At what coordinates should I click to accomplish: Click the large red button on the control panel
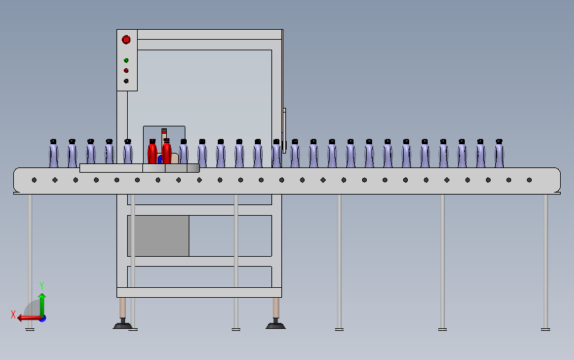pyautogui.click(x=126, y=40)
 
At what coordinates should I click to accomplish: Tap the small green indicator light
pyautogui.click(x=126, y=60)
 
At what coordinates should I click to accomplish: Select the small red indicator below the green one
pyautogui.click(x=126, y=70)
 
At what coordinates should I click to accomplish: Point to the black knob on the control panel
pyautogui.click(x=126, y=81)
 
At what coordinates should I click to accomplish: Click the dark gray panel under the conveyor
pyautogui.click(x=158, y=236)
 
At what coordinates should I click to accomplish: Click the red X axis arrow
pyautogui.click(x=27, y=318)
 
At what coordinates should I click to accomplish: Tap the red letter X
pyautogui.click(x=13, y=314)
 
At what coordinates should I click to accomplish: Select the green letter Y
pyautogui.click(x=42, y=285)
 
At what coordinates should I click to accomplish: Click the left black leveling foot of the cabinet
pyautogui.click(x=123, y=324)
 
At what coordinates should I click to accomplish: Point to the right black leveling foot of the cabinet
pyautogui.click(x=275, y=324)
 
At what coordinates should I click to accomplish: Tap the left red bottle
pyautogui.click(x=152, y=152)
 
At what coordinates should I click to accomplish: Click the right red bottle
pyautogui.click(x=167, y=150)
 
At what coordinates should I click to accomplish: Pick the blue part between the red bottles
pyautogui.click(x=160, y=159)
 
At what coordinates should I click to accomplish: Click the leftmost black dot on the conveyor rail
pyautogui.click(x=34, y=180)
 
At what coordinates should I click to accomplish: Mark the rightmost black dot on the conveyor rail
pyautogui.click(x=529, y=180)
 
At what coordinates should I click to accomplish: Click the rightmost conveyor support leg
pyautogui.click(x=546, y=261)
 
